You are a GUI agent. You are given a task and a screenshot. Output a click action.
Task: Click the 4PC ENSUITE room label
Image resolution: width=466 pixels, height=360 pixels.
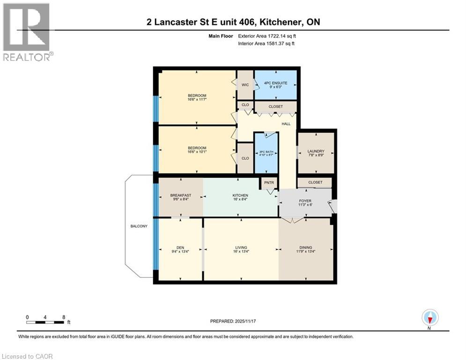pyautogui.click(x=275, y=82)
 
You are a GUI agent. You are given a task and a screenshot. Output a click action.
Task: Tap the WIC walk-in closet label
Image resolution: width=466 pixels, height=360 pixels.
pyautogui.click(x=245, y=85)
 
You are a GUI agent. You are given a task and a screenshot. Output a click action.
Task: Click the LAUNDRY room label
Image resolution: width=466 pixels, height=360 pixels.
pyautogui.click(x=316, y=151)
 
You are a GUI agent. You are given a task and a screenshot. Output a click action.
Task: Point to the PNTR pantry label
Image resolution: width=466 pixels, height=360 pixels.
pyautogui.click(x=269, y=183)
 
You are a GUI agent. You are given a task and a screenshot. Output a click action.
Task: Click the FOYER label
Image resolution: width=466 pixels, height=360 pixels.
pyautogui.click(x=305, y=201)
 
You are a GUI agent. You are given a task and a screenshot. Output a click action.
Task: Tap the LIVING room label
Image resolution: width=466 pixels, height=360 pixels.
pyautogui.click(x=241, y=247)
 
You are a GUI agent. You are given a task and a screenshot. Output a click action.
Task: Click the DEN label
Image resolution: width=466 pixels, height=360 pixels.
pyautogui.click(x=180, y=247)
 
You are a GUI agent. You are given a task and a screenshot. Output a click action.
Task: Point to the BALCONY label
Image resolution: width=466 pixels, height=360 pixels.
pyautogui.click(x=139, y=226)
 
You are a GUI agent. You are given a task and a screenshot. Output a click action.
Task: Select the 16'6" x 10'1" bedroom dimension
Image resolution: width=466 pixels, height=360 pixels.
pyautogui.click(x=196, y=152)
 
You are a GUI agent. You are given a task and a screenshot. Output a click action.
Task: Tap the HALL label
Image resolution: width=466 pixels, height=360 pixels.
pyautogui.click(x=285, y=124)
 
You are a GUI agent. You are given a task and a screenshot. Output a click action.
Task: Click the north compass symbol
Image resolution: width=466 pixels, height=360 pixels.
pyautogui.click(x=429, y=318)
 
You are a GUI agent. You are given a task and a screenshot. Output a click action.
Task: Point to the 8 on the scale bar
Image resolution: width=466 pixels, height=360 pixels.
pyautogui.click(x=63, y=317)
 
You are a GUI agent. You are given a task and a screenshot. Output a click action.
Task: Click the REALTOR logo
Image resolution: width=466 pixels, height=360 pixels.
pyautogui.click(x=27, y=32)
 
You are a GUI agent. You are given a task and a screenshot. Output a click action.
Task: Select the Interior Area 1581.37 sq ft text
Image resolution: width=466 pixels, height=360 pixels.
pyautogui.click(x=266, y=44)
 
